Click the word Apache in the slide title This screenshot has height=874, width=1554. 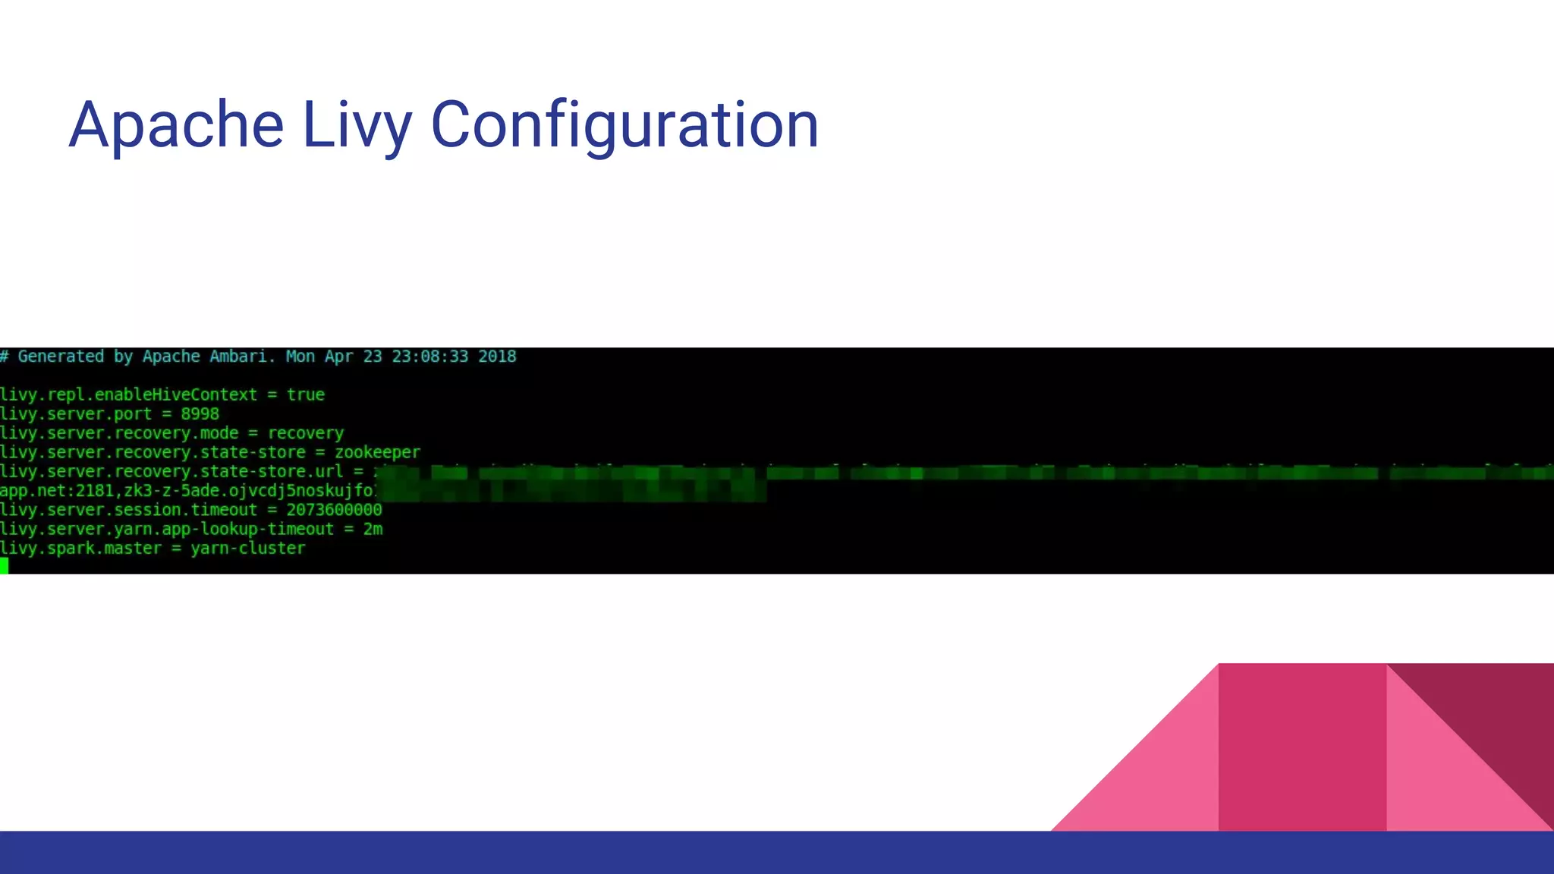176,125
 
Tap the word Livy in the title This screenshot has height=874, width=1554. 357,125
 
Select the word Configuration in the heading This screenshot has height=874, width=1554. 624,125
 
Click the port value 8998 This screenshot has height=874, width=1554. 200,414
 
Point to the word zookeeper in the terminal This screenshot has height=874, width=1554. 377,453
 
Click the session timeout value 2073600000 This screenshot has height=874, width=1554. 334,510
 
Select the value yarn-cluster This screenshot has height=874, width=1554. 248,549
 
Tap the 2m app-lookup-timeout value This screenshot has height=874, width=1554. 373,530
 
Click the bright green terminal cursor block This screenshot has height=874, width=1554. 4,565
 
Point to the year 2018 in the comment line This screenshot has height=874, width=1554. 497,357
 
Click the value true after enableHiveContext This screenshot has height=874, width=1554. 306,395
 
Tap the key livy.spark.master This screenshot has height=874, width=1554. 81,549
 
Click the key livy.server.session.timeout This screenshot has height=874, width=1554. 129,510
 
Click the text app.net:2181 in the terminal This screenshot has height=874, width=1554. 57,491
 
